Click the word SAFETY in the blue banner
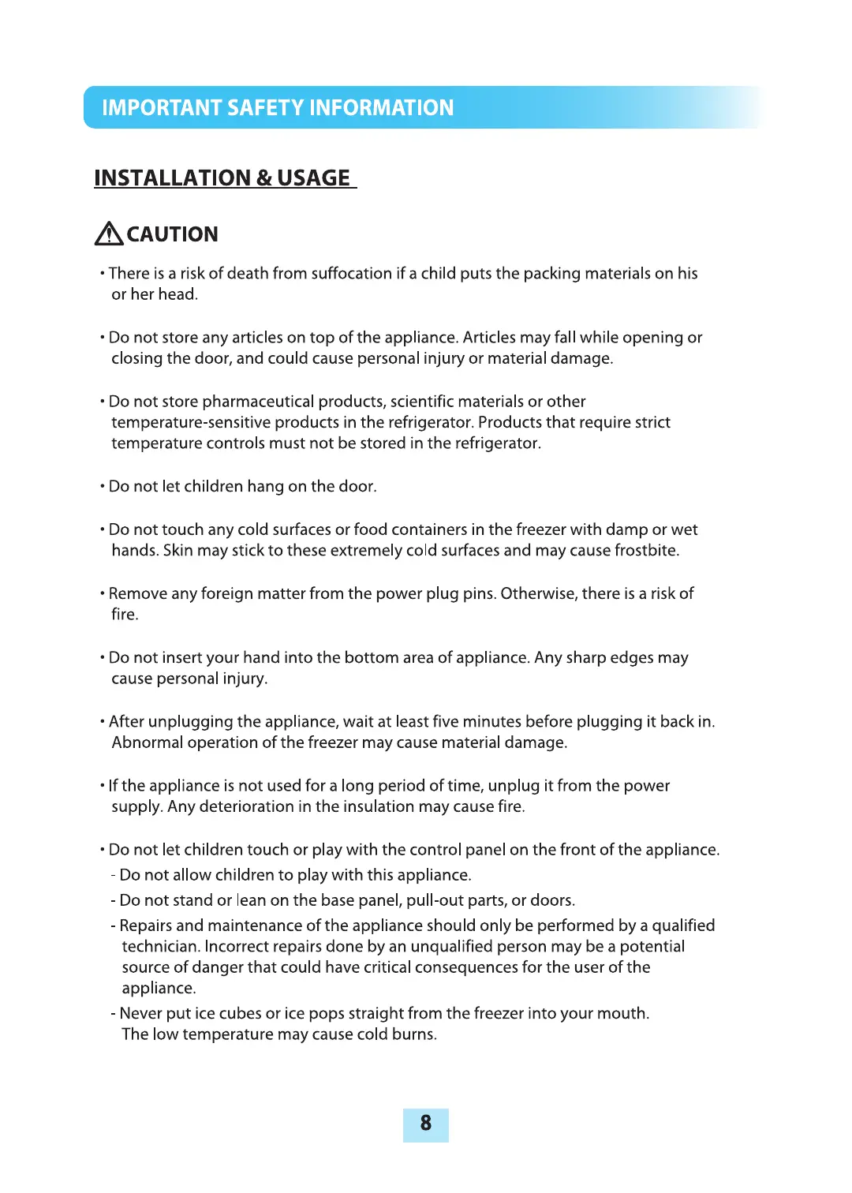[x=265, y=107]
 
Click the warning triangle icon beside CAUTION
[x=109, y=234]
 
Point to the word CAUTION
[x=173, y=234]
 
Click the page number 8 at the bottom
[x=426, y=1123]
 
